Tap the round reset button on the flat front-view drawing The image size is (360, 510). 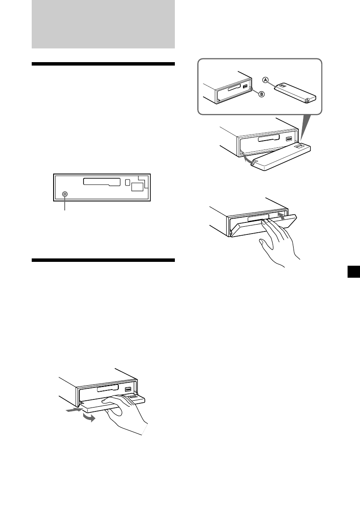65,194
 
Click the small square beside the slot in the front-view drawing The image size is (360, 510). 127,182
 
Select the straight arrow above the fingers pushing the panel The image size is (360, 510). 281,216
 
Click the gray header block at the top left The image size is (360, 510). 103,24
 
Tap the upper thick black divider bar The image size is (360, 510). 103,64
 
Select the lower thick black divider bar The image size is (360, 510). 103,260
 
